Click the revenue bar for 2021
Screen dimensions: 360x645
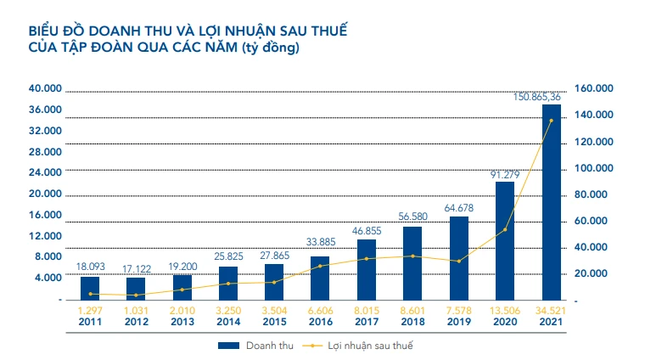(x=551, y=202)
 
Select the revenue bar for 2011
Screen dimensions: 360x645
(x=90, y=288)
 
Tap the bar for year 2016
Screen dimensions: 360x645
(x=320, y=278)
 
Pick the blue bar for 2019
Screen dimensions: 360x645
(x=458, y=258)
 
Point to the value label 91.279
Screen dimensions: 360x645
(x=504, y=175)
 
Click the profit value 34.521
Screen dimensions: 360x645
(x=552, y=311)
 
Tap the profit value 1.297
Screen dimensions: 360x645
(x=90, y=311)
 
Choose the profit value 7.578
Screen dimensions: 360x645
(x=458, y=311)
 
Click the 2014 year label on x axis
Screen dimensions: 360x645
(x=228, y=323)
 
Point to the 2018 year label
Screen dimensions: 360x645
(x=412, y=323)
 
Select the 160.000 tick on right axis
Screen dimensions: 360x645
(x=594, y=88)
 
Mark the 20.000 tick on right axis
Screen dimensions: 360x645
(x=592, y=273)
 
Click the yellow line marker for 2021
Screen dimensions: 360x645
(x=551, y=121)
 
